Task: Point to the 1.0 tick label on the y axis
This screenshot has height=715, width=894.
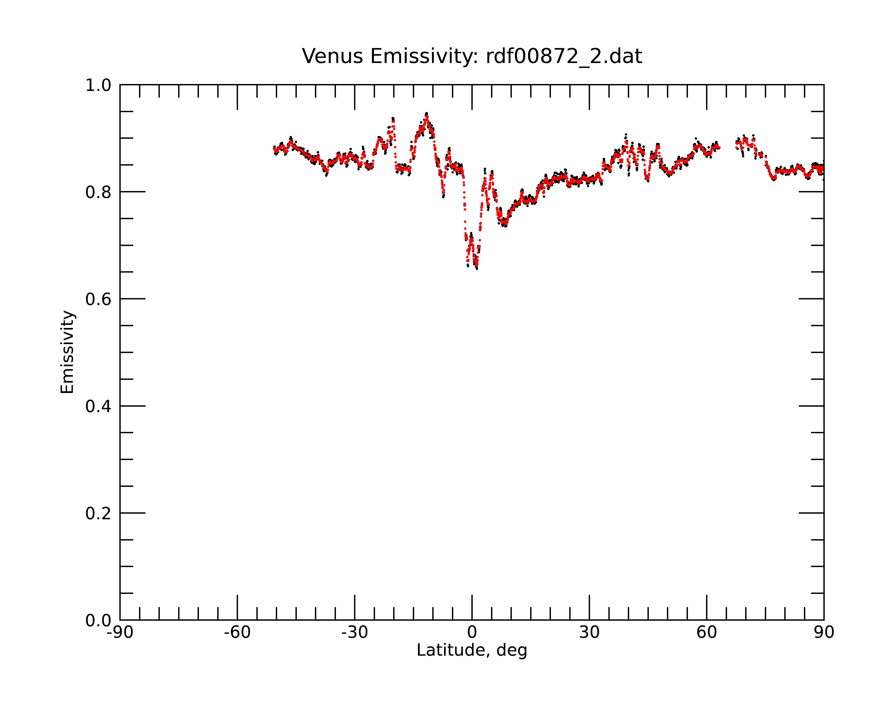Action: click(98, 85)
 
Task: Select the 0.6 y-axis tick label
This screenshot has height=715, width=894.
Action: click(98, 299)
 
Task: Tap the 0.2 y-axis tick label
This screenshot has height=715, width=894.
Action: click(98, 513)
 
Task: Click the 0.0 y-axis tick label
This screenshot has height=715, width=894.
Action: click(98, 620)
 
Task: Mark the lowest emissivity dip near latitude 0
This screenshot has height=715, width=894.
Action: click(477, 268)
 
